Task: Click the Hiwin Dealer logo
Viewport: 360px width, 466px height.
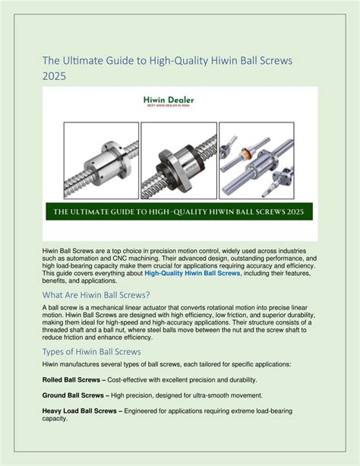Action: click(x=169, y=101)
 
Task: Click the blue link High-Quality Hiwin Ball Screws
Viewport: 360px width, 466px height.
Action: click(x=192, y=273)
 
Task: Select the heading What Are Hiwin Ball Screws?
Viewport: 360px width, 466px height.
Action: click(x=96, y=295)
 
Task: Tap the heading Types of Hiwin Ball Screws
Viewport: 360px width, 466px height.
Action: click(x=91, y=351)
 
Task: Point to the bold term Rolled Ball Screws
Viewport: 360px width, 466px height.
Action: click(x=71, y=380)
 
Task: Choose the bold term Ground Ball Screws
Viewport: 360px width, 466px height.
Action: click(x=73, y=395)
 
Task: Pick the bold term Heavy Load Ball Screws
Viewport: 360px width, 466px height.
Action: click(x=79, y=411)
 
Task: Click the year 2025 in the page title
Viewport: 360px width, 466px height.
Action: click(x=54, y=76)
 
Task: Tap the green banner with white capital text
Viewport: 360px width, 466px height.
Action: click(x=179, y=211)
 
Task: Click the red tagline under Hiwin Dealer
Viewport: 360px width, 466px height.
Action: click(x=169, y=106)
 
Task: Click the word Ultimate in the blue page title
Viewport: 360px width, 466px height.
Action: click(x=79, y=61)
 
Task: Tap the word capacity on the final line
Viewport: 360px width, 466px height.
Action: click(x=55, y=419)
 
